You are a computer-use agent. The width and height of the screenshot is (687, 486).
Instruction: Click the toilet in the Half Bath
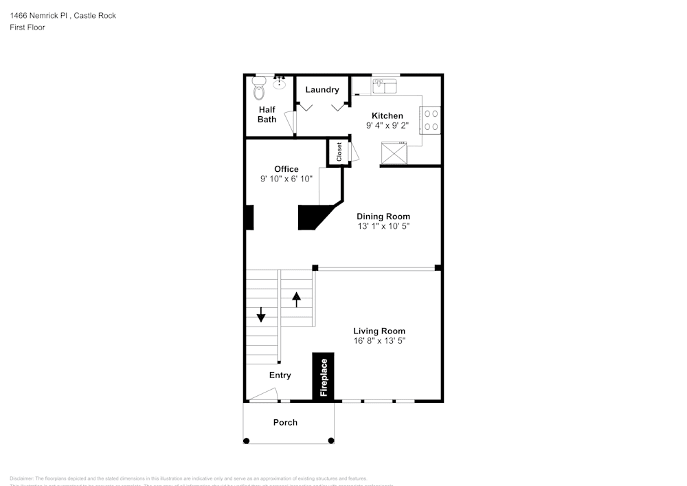pyautogui.click(x=259, y=89)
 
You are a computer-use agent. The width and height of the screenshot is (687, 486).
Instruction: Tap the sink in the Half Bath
pyautogui.click(x=280, y=83)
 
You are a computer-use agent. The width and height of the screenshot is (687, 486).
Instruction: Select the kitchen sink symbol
pyautogui.click(x=385, y=86)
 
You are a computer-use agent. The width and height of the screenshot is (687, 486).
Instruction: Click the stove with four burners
pyautogui.click(x=431, y=120)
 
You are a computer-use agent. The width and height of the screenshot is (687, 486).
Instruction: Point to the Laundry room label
pyautogui.click(x=322, y=89)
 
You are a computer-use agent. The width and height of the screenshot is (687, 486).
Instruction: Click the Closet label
pyautogui.click(x=339, y=152)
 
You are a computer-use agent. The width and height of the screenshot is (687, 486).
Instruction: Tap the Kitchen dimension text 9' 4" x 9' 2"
pyautogui.click(x=387, y=126)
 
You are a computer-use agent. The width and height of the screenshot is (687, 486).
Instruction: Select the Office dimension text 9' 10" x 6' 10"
pyautogui.click(x=286, y=179)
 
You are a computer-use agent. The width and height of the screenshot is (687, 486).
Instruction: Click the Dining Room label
pyautogui.click(x=383, y=216)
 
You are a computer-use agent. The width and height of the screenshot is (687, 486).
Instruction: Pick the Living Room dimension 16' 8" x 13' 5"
pyautogui.click(x=379, y=341)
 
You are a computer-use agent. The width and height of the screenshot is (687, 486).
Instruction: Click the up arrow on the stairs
pyautogui.click(x=297, y=299)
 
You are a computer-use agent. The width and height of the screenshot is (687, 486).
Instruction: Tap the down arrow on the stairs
pyautogui.click(x=261, y=314)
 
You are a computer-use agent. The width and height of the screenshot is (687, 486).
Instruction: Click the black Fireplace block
pyautogui.click(x=324, y=376)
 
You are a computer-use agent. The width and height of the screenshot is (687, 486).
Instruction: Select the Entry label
pyautogui.click(x=280, y=375)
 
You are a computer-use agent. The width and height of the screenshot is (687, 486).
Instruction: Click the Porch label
pyautogui.click(x=285, y=422)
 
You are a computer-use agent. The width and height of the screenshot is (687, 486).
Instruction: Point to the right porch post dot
pyautogui.click(x=331, y=441)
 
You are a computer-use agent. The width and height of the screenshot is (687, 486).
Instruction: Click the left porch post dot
pyautogui.click(x=245, y=441)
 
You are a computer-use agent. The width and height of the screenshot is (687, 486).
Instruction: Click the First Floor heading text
pyautogui.click(x=27, y=27)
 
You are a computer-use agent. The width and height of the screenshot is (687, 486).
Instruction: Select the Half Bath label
pyautogui.click(x=267, y=114)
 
